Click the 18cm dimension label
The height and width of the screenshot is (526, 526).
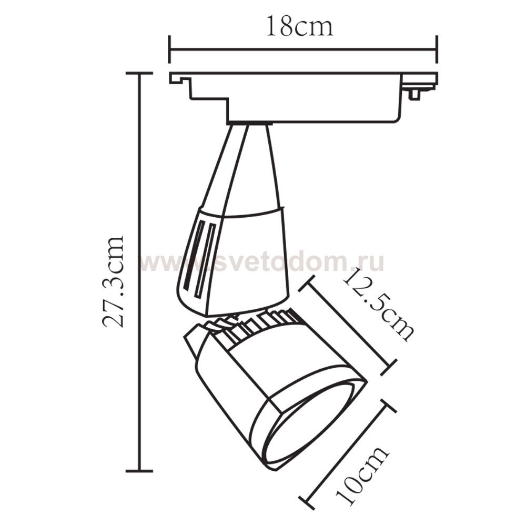pos(300,26)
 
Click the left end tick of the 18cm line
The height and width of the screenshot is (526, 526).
pos(170,49)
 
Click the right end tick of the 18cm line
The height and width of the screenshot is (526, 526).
pos(437,49)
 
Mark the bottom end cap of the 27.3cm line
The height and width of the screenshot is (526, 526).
pos(139,471)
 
